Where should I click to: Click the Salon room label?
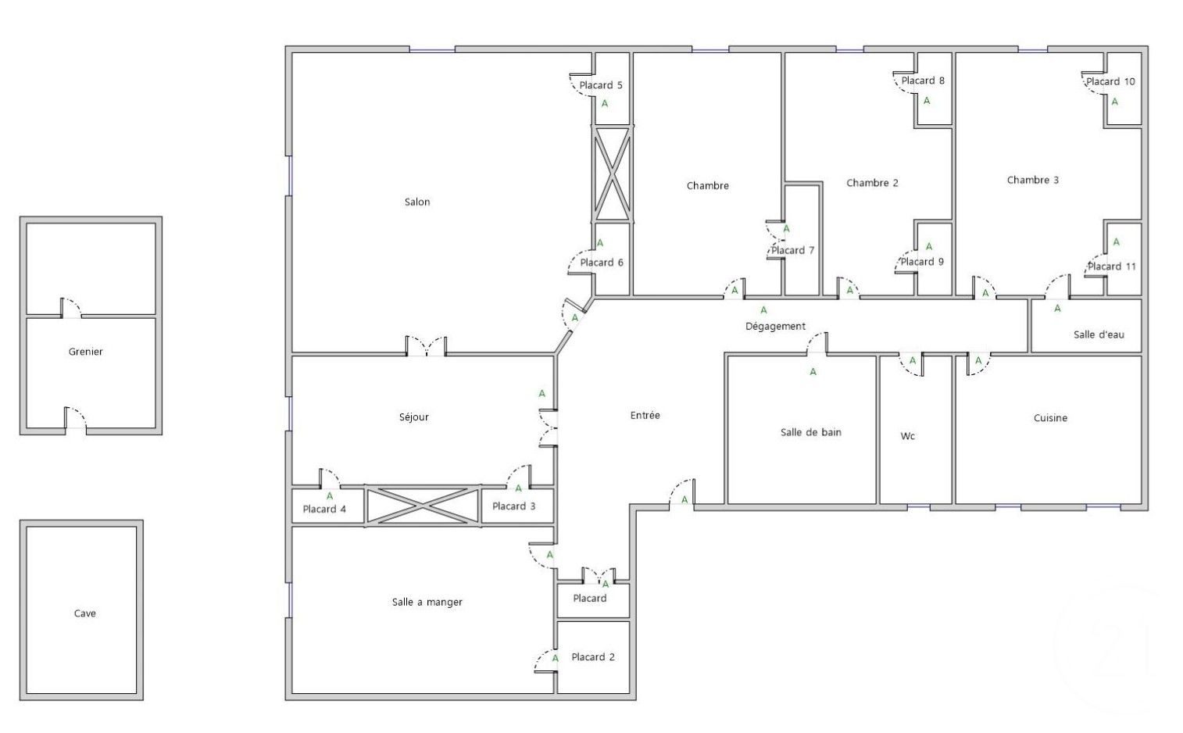417,202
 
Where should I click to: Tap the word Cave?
85,613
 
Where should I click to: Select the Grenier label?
86,352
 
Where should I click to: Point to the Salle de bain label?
811,432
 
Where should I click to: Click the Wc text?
908,436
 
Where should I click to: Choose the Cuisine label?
1050,418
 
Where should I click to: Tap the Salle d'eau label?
1099,334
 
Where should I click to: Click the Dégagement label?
775,326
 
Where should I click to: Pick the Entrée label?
645,415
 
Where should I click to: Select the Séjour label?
414,417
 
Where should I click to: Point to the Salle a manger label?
427,602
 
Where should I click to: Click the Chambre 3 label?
1033,180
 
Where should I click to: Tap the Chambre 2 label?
872,183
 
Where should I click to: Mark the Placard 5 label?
601,85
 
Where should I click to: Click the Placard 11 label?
1112,266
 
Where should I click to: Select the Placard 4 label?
324,509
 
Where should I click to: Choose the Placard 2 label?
593,656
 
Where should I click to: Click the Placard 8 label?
923,80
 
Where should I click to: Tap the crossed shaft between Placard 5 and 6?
611,174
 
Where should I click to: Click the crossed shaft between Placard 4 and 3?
423,506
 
